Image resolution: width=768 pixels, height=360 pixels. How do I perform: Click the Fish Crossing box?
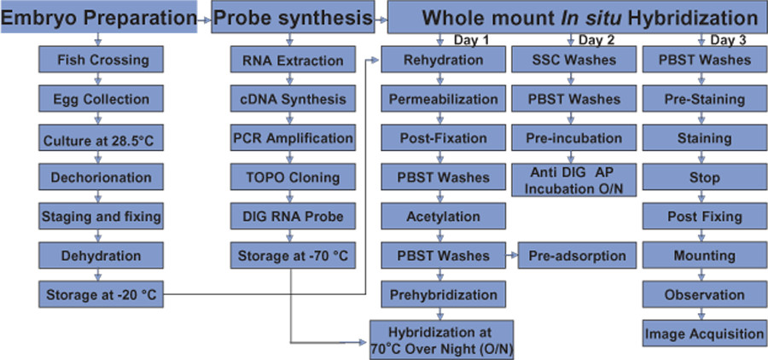pyautogui.click(x=101, y=61)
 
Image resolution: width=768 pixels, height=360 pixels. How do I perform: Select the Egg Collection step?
pyautogui.click(x=101, y=100)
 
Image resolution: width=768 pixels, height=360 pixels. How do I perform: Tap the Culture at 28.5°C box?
pyautogui.click(x=101, y=138)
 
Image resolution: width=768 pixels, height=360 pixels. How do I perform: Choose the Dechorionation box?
pyautogui.click(x=101, y=177)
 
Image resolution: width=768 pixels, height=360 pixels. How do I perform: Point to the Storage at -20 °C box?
pyautogui.click(x=101, y=294)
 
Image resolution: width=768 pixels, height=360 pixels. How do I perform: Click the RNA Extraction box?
pyautogui.click(x=293, y=61)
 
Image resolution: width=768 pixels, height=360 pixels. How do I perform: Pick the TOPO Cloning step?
pyautogui.click(x=293, y=177)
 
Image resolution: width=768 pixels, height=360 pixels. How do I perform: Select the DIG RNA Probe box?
pyautogui.click(x=293, y=217)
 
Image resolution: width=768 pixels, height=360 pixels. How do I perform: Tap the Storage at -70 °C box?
pyautogui.click(x=293, y=255)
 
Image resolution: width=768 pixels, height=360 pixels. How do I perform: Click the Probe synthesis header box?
pyautogui.click(x=293, y=17)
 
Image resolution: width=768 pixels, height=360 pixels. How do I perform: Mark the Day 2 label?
pyautogui.click(x=596, y=40)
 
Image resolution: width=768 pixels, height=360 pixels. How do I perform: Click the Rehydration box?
pyautogui.click(x=443, y=61)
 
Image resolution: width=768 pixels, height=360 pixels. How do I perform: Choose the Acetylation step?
pyautogui.click(x=443, y=217)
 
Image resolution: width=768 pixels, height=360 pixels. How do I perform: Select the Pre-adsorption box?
pyautogui.click(x=577, y=255)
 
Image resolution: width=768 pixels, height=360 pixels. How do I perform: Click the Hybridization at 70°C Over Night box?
pyautogui.click(x=441, y=340)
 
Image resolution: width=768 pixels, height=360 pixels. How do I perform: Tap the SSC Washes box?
pyautogui.click(x=573, y=61)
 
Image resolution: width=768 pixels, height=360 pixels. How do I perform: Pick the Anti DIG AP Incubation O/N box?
pyautogui.click(x=573, y=180)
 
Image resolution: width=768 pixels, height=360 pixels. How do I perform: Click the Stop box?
pyautogui.click(x=704, y=177)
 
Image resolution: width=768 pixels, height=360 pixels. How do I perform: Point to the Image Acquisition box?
pyautogui.click(x=704, y=334)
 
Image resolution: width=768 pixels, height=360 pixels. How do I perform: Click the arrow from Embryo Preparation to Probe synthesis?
pyautogui.click(x=204, y=20)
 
